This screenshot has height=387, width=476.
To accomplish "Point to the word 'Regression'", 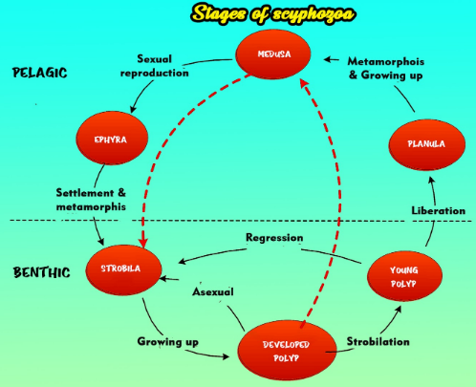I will click(274, 237).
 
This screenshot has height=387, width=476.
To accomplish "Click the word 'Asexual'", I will click(216, 290).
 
